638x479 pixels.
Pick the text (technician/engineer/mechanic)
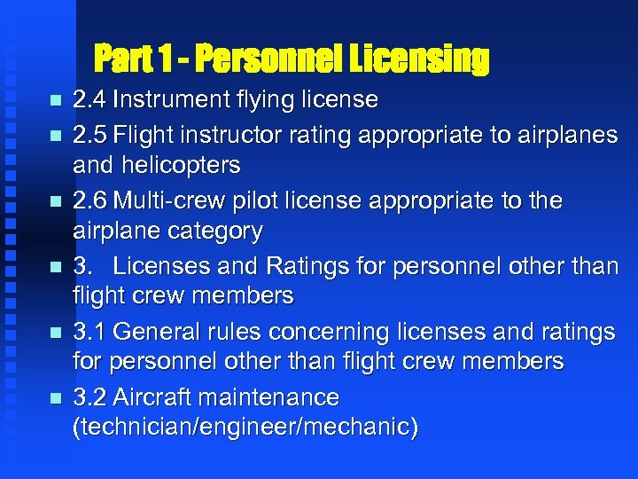(x=245, y=428)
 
